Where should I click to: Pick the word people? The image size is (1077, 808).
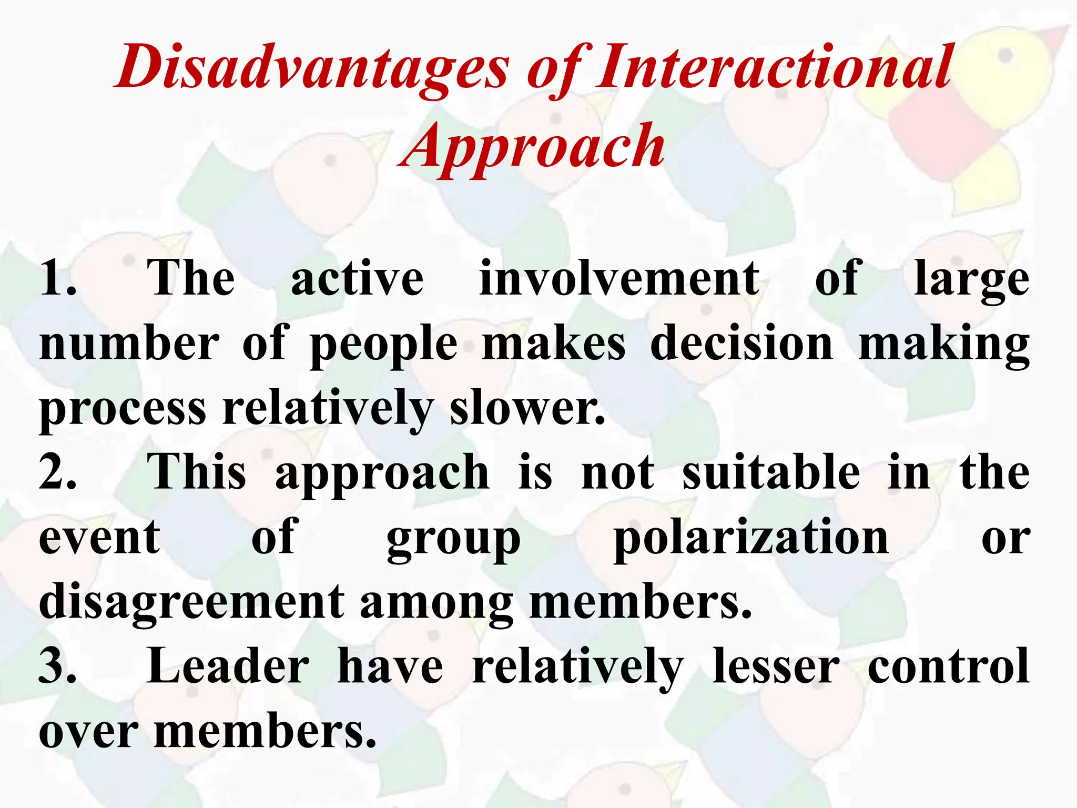click(x=384, y=345)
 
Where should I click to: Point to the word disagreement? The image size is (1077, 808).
click(x=191, y=603)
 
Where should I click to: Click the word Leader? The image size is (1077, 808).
click(x=228, y=666)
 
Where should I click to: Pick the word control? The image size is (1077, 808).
click(x=948, y=666)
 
